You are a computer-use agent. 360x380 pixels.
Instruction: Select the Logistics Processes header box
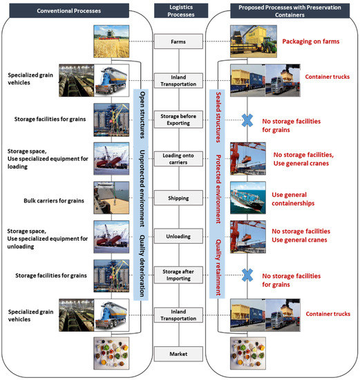[x=180, y=10]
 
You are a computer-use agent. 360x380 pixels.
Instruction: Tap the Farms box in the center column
[x=180, y=42]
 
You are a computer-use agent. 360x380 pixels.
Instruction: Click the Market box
[x=180, y=354]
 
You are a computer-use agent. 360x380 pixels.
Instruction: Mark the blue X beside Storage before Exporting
[x=246, y=120]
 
